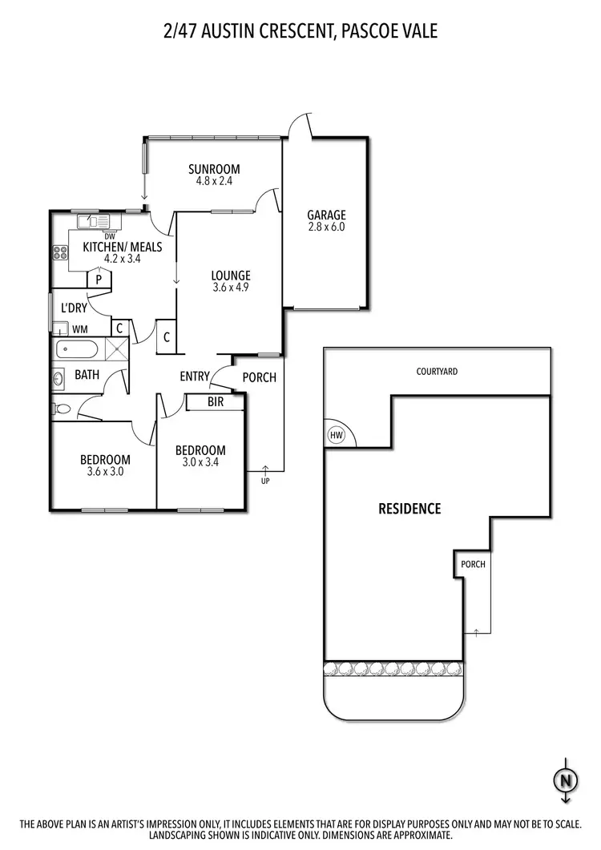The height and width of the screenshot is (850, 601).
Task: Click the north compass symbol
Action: click(566, 779)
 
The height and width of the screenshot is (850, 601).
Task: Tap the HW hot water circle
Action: click(335, 435)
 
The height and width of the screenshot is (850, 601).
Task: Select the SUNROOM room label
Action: click(214, 168)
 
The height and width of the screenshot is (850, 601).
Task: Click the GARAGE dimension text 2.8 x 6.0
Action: click(326, 227)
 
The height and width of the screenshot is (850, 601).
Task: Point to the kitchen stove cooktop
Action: click(60, 253)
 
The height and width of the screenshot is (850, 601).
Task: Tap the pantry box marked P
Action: click(99, 280)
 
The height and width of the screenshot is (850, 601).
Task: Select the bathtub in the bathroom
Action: click(77, 349)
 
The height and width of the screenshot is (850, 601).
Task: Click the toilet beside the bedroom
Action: click(63, 409)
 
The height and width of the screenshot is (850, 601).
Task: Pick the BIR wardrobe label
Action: click(216, 402)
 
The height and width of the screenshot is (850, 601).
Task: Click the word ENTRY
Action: click(195, 377)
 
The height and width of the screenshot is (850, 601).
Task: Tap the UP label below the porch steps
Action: click(265, 481)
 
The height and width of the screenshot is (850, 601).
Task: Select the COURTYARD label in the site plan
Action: click(437, 372)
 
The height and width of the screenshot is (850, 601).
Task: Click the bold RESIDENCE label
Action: click(409, 509)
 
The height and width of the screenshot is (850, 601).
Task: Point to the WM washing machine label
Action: click(80, 328)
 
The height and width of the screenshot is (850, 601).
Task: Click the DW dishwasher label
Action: click(110, 236)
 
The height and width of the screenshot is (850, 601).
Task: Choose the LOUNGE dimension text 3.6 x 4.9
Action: click(231, 288)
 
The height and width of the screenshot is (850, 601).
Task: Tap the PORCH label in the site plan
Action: click(472, 564)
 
